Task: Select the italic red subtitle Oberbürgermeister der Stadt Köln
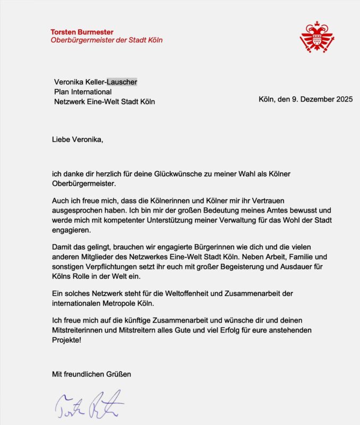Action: coord(107,40)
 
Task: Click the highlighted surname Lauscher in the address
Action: coord(122,82)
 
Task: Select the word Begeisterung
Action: coord(233,268)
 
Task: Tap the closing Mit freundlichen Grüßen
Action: coord(91,374)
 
